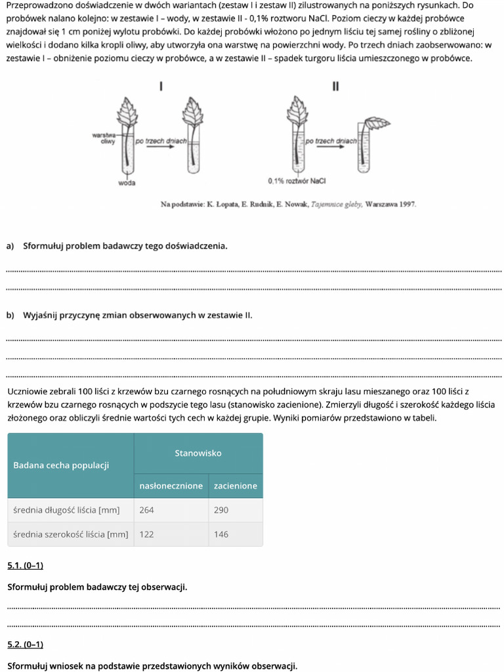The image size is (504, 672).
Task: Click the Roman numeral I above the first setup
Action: tap(161, 86)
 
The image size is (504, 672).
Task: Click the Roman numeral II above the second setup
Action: tap(335, 86)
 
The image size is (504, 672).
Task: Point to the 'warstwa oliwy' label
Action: tap(105, 138)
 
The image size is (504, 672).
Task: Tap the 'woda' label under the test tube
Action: tap(127, 183)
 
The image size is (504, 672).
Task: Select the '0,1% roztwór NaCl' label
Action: tap(297, 180)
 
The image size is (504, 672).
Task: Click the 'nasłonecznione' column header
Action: tap(171, 486)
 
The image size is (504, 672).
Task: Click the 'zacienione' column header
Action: tap(235, 486)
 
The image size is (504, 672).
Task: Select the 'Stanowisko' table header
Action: tap(198, 453)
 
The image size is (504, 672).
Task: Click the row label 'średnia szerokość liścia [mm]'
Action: tap(70, 534)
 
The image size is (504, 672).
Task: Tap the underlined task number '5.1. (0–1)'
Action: tap(25, 566)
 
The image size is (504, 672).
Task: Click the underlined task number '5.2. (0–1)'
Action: tap(25, 645)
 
